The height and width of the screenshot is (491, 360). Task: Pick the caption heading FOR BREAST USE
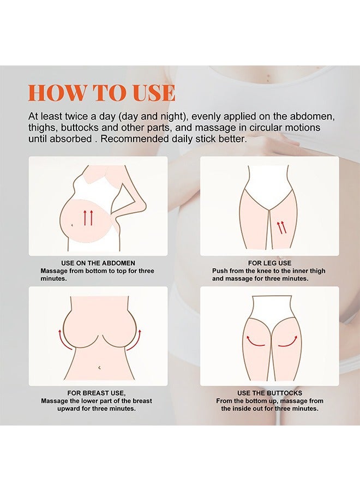(96, 393)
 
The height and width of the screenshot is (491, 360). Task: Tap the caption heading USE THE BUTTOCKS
(269, 393)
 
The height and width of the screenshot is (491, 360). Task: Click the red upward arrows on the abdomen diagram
(88, 218)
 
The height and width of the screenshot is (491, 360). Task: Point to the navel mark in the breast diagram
(98, 369)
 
